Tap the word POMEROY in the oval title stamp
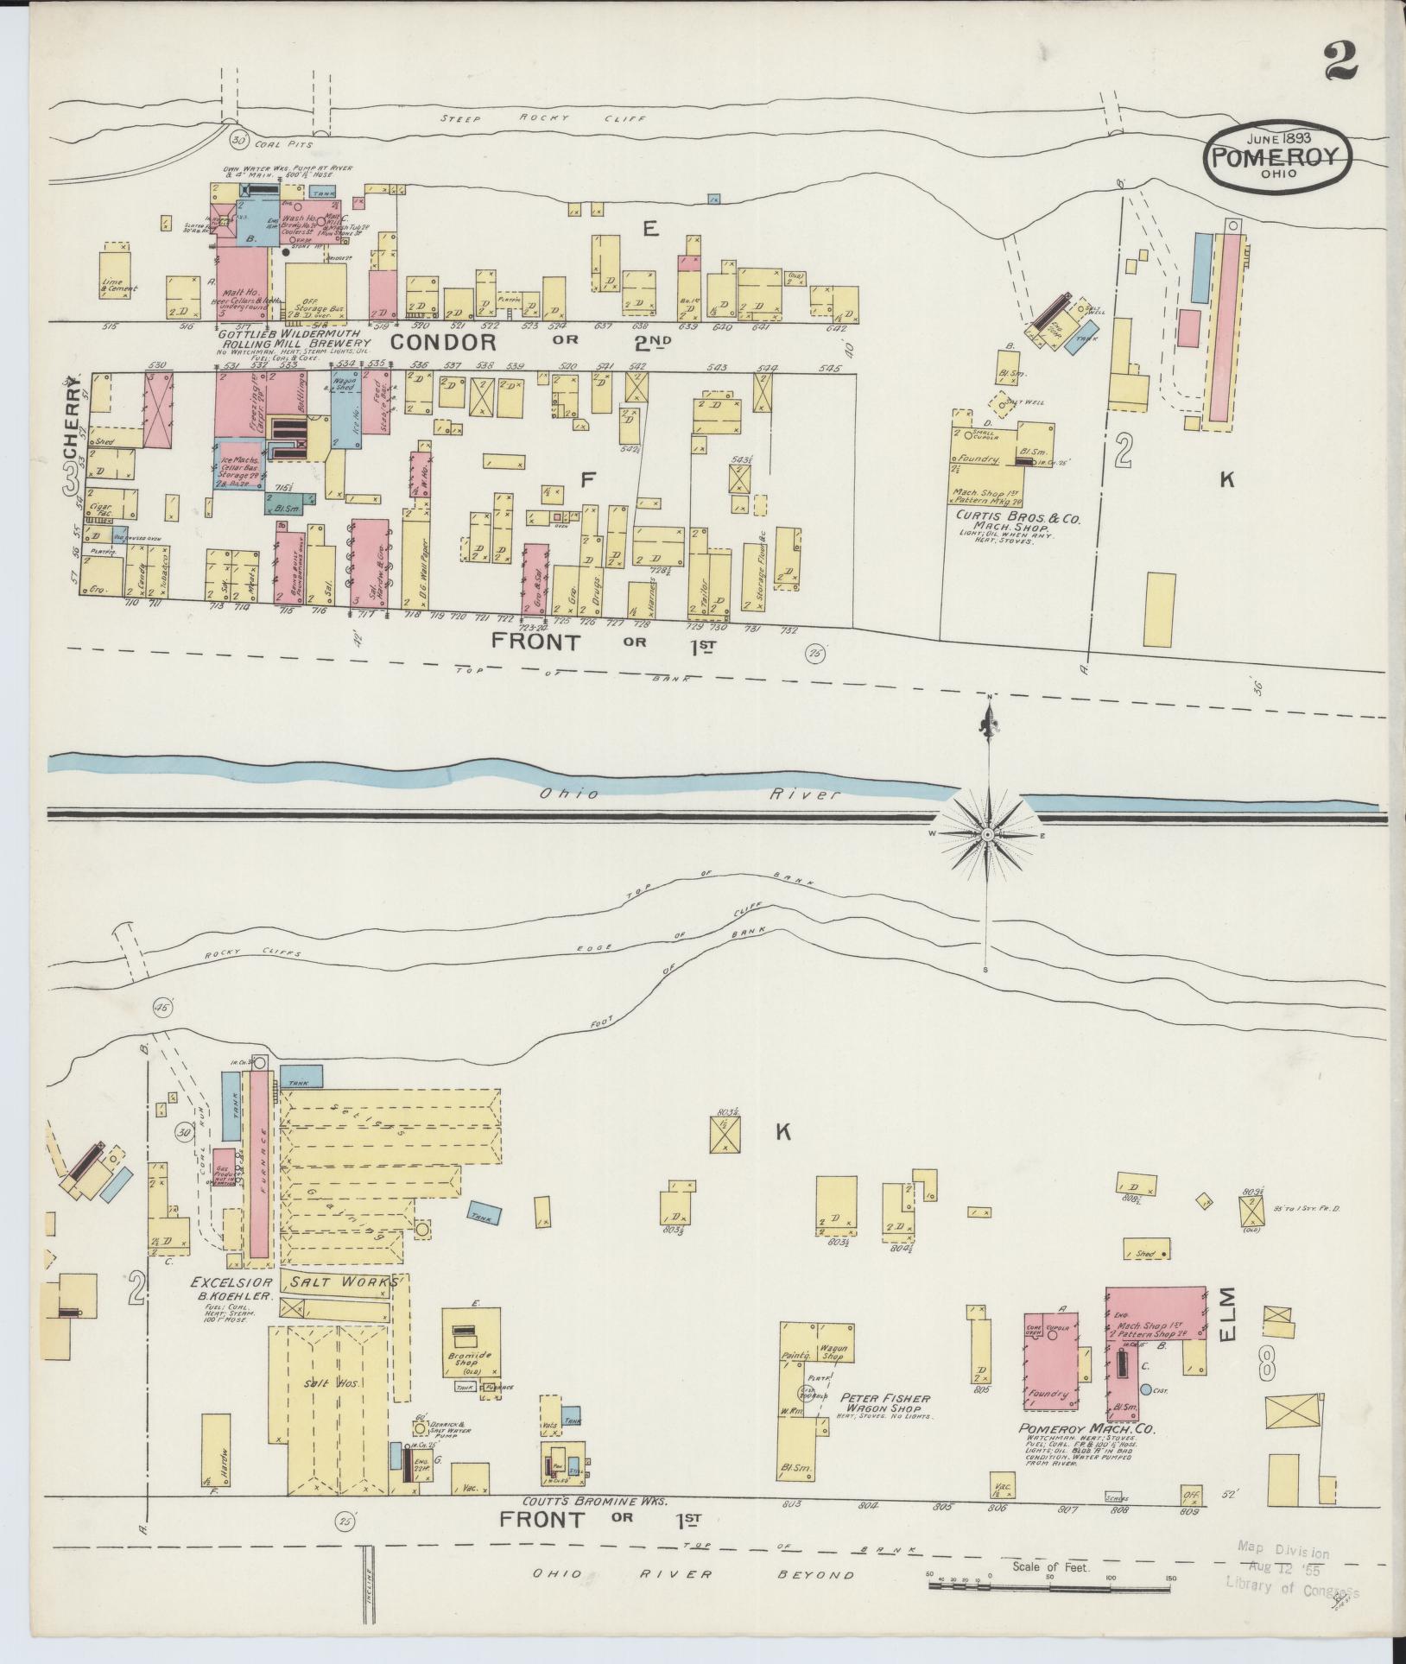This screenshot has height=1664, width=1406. (x=1278, y=157)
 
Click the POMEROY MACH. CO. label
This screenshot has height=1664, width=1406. (x=1087, y=1429)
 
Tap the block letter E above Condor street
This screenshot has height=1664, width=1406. (x=650, y=229)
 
